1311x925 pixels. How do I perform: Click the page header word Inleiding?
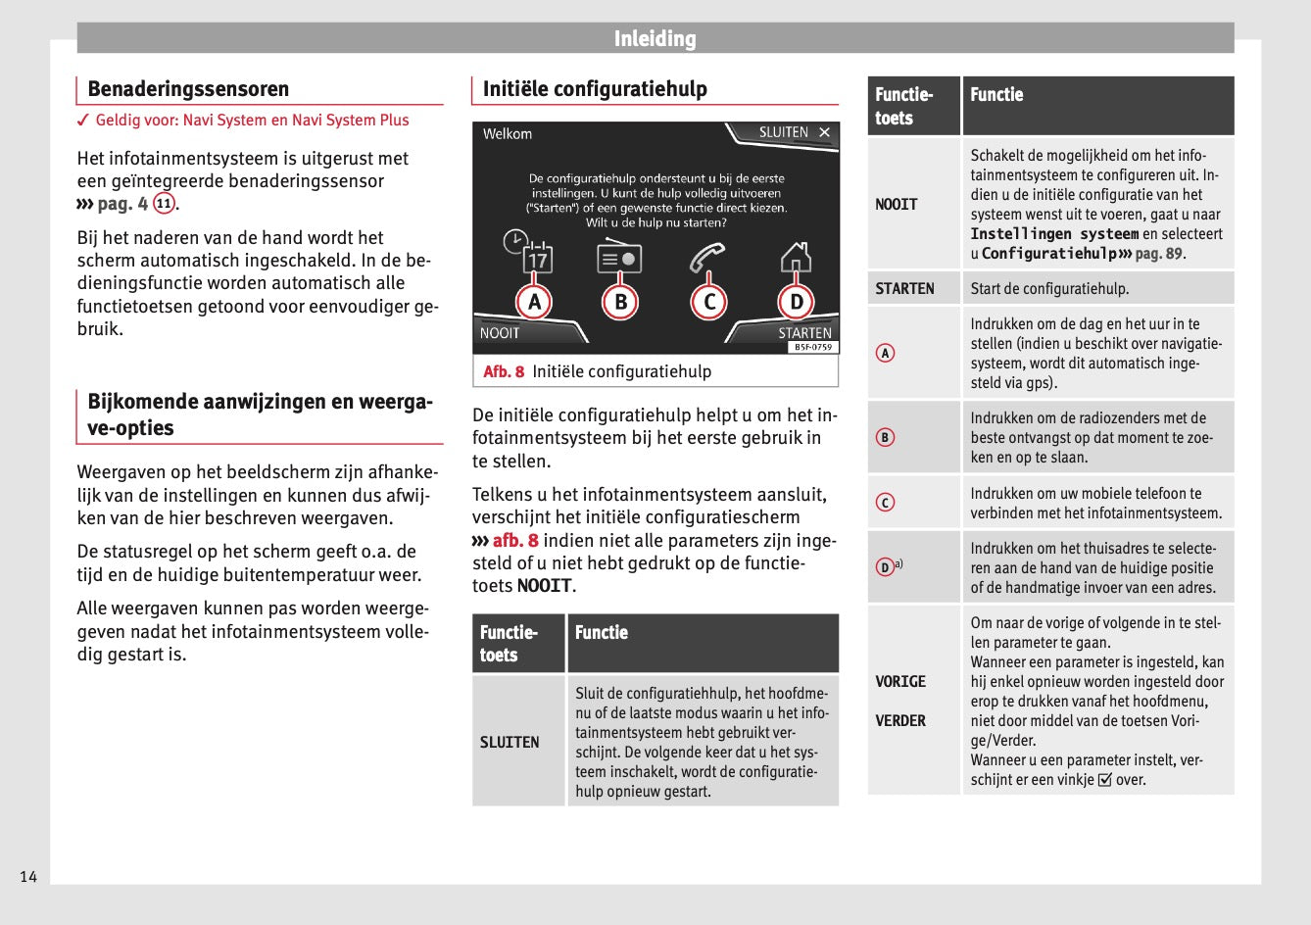pyautogui.click(x=655, y=39)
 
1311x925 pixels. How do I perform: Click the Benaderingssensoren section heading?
pyautogui.click(x=188, y=89)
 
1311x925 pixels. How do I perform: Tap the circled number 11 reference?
pyautogui.click(x=164, y=204)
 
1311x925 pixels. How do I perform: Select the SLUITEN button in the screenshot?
pyautogui.click(x=793, y=132)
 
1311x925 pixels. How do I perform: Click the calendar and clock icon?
pyautogui.click(x=529, y=252)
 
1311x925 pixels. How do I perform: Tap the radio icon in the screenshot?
pyautogui.click(x=618, y=257)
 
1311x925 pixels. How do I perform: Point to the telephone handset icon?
pyautogui.click(x=706, y=256)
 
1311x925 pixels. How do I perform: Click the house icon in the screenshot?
pyautogui.click(x=796, y=257)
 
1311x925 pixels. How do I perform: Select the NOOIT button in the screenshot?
pyautogui.click(x=500, y=333)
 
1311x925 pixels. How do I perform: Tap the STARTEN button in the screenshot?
pyautogui.click(x=804, y=333)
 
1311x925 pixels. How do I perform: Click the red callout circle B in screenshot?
pyautogui.click(x=620, y=302)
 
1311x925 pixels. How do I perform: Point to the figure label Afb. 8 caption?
pyautogui.click(x=504, y=371)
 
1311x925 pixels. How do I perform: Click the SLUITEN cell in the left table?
pyautogui.click(x=510, y=743)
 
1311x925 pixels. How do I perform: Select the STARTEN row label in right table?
pyautogui.click(x=904, y=289)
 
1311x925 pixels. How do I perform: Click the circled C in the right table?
pyautogui.click(x=885, y=503)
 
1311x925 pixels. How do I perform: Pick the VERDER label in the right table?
pyautogui.click(x=900, y=721)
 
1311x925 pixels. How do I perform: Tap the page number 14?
pyautogui.click(x=28, y=877)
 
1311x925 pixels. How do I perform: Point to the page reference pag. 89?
pyautogui.click(x=1158, y=254)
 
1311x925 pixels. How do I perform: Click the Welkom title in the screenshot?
pyautogui.click(x=508, y=134)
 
